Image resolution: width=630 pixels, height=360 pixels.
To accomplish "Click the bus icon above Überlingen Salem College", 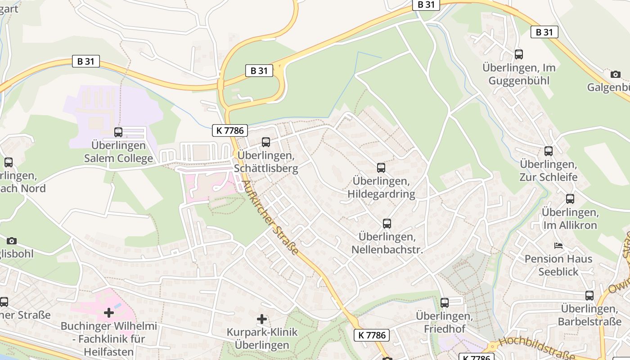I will point(118,132).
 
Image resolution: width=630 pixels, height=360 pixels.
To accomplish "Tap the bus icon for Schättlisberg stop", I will point(266,142).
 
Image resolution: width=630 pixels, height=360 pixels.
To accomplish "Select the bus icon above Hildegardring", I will point(381,168).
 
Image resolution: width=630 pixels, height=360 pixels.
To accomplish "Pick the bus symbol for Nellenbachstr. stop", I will point(387,223).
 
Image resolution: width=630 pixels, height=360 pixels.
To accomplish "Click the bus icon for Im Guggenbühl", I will point(519,54).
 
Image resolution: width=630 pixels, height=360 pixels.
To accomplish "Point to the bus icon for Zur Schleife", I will point(548,151).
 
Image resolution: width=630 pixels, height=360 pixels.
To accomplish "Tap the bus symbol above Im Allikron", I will point(570,198).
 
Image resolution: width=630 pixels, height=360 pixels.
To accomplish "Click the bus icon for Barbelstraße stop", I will point(589,296).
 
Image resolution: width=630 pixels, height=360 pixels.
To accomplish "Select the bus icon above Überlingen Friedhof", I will point(445,303).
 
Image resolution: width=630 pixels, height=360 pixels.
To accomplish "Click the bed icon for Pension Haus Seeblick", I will point(558,246).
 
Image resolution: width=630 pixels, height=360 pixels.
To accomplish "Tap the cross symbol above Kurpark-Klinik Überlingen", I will point(262,319).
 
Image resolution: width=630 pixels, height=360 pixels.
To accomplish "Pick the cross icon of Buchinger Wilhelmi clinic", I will point(108,312).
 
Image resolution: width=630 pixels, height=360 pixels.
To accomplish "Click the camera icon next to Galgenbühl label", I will point(616,74).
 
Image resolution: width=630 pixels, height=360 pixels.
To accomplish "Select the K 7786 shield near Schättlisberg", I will point(230,130).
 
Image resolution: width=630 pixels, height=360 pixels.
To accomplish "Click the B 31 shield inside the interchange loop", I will point(259,71).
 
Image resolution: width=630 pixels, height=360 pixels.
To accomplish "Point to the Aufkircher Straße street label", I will point(270,218).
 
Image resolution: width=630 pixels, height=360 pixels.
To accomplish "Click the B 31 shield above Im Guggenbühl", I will point(544,32).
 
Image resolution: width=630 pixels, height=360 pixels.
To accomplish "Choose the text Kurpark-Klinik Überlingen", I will point(262,338).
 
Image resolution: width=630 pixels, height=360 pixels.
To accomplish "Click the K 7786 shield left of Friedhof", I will point(372,335).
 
